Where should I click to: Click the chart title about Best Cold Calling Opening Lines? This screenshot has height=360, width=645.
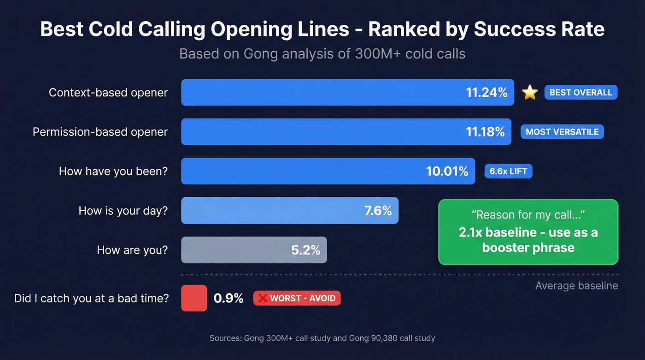point(322,30)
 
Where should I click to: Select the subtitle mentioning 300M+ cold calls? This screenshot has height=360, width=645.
point(322,54)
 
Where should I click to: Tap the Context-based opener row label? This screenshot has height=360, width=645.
point(108,93)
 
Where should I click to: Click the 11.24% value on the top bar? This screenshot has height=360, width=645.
point(487,93)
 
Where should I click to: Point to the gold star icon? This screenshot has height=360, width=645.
point(530,93)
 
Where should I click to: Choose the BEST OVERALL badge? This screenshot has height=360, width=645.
point(580,93)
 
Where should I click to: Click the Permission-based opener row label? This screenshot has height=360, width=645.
point(100,132)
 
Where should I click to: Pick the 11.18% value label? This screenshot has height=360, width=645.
point(485,132)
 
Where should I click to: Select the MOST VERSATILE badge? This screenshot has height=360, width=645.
point(562,132)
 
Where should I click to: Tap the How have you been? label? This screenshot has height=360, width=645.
point(113,171)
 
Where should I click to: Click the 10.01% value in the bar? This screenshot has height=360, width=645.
point(447,171)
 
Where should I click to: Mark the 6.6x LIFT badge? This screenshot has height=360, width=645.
point(508,171)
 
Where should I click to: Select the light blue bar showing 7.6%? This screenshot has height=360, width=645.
point(289,211)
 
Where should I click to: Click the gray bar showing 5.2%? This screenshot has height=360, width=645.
point(253,250)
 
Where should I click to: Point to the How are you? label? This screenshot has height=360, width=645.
point(132,250)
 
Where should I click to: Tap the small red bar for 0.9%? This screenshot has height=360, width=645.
point(194,298)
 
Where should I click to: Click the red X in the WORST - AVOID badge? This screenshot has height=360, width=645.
point(263,298)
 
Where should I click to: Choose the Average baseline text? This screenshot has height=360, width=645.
point(576,286)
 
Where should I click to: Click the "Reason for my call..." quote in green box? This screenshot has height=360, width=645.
point(528,215)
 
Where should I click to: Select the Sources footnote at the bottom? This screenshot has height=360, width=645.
point(322,338)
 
